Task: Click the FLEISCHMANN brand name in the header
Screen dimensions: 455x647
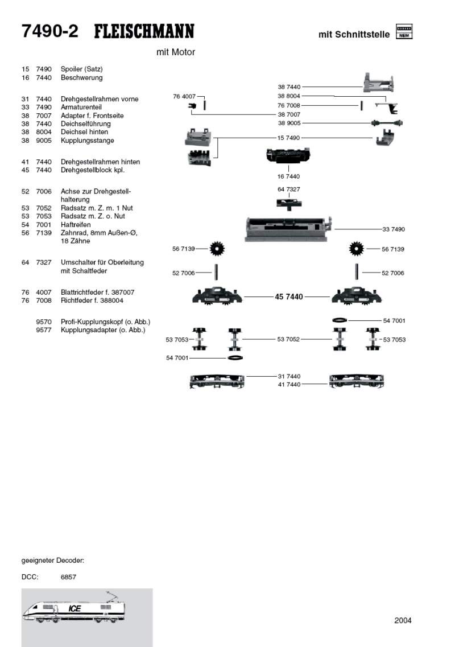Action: pos(144,31)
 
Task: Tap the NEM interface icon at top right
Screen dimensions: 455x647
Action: pos(404,31)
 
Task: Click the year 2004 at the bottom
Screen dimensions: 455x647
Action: pos(403,620)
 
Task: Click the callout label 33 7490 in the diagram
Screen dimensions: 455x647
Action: pos(393,229)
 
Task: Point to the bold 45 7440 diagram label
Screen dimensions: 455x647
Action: pos(289,296)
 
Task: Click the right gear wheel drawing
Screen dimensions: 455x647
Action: pos(356,249)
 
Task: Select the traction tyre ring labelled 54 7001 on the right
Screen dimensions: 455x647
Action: pos(340,320)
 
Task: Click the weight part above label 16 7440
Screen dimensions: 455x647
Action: pos(288,155)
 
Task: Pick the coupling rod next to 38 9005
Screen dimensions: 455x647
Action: pos(387,122)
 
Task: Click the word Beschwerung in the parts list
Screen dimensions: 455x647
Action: pos(82,77)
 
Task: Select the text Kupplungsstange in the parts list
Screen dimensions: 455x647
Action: pos(88,141)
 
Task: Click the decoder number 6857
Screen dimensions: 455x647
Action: pos(68,577)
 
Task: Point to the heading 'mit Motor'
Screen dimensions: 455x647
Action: pos(176,52)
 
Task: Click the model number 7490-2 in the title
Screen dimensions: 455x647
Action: pos(50,31)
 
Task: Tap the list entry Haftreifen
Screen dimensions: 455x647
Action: pos(76,224)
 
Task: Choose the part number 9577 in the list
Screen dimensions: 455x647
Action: pos(44,330)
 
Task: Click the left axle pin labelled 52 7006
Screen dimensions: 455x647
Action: pos(216,273)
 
